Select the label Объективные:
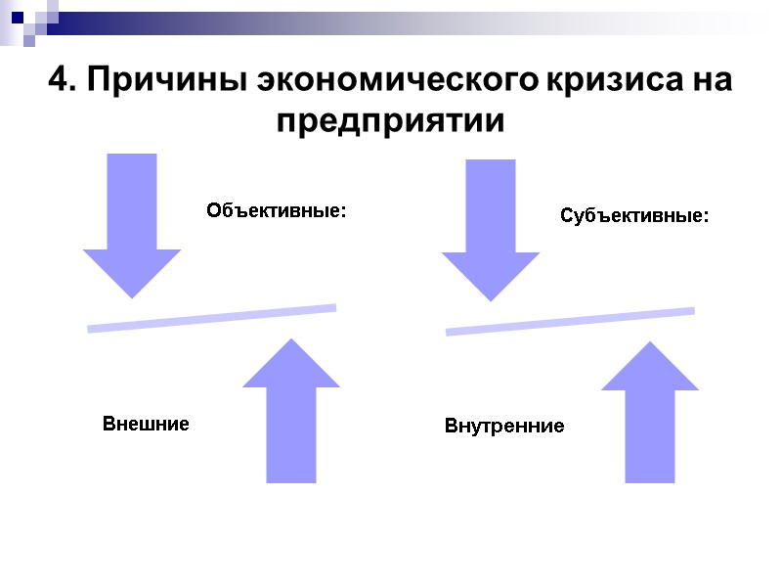(x=277, y=210)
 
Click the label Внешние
(x=146, y=425)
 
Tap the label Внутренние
(x=504, y=427)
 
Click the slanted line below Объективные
(x=212, y=318)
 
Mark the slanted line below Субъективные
(x=570, y=322)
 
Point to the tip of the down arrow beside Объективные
(x=132, y=295)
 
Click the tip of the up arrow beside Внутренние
(x=649, y=343)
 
